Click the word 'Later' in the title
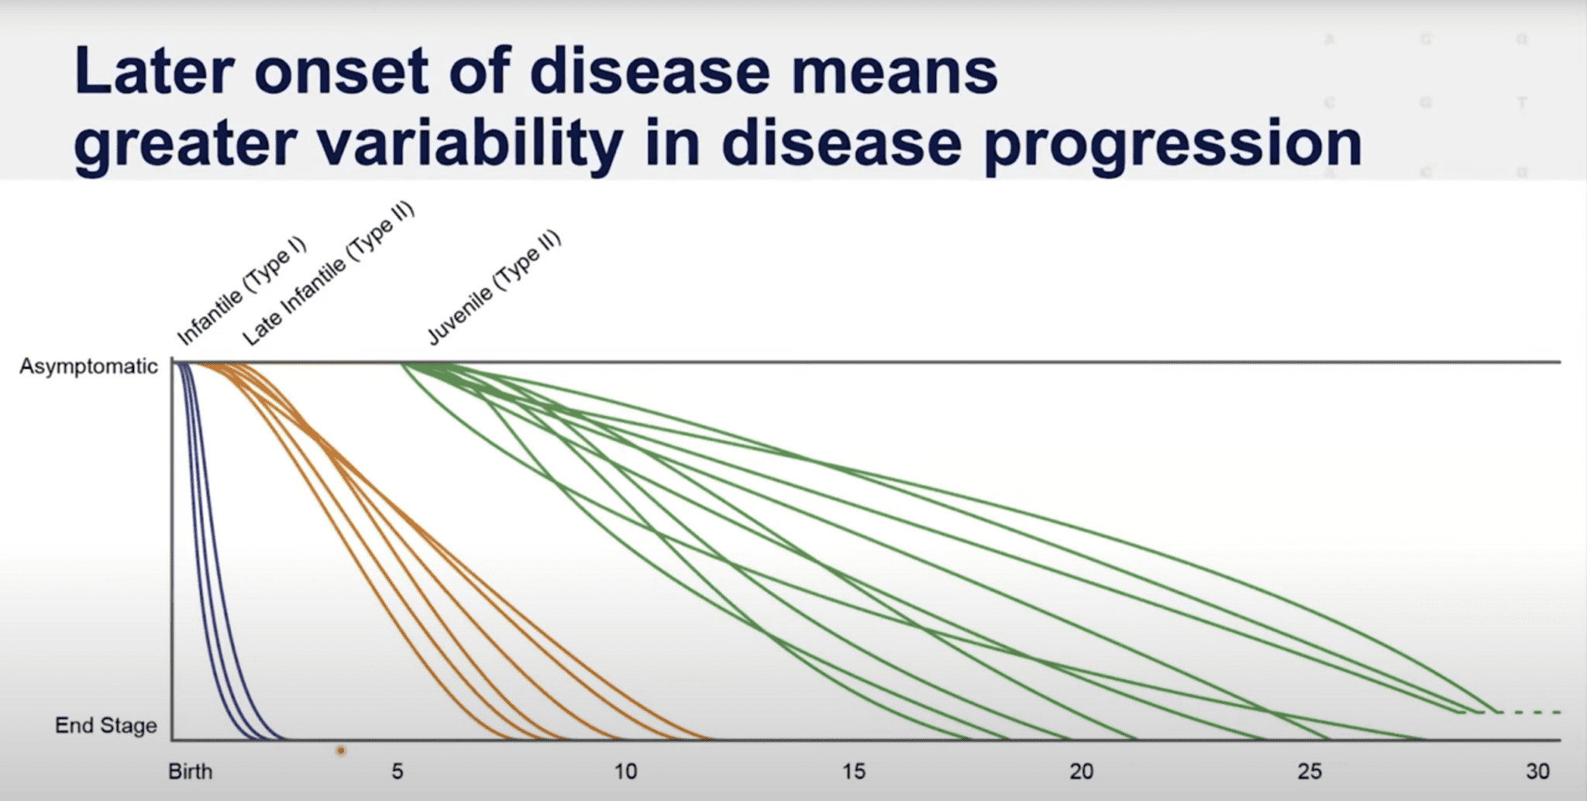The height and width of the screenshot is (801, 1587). point(154,71)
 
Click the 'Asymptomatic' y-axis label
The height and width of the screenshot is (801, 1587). point(88,366)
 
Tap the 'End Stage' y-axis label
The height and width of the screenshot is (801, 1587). point(106,726)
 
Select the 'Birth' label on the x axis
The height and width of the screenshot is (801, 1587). point(191,772)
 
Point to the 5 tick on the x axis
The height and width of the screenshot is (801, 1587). point(397,772)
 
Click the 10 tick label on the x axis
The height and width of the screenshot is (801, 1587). point(625,772)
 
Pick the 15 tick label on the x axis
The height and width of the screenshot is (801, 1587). point(853,772)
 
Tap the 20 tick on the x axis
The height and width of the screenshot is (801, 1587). point(1082,772)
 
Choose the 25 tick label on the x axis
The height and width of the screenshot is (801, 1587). point(1310,772)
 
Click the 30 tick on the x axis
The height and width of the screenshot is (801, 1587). point(1537,772)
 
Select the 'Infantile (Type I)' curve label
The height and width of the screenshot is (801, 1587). point(242,291)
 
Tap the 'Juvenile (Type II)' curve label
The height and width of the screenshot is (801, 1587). point(494,287)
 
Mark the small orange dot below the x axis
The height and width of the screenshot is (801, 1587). point(340,751)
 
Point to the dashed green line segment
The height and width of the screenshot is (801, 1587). point(1527,712)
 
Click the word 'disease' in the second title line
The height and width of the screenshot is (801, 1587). point(842,144)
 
